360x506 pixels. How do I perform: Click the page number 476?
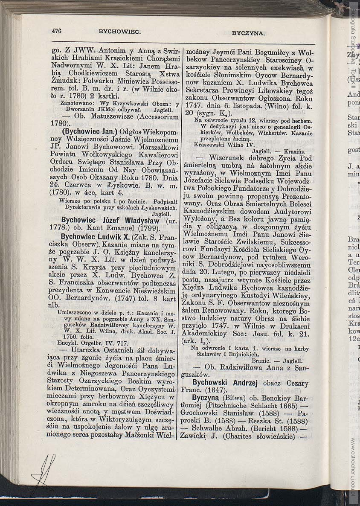(57, 30)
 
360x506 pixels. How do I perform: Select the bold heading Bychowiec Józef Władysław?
(110, 221)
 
